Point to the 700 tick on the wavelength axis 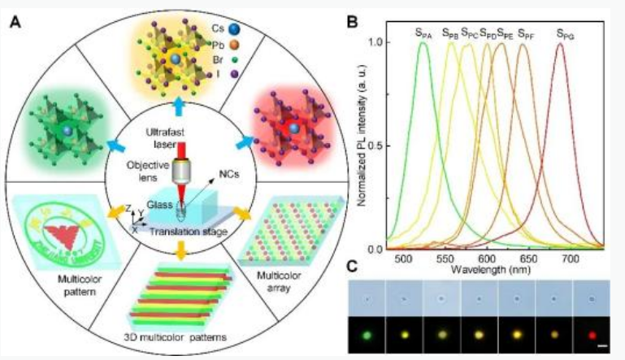point(570,258)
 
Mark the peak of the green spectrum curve point(423,44)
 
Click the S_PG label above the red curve point(562,33)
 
